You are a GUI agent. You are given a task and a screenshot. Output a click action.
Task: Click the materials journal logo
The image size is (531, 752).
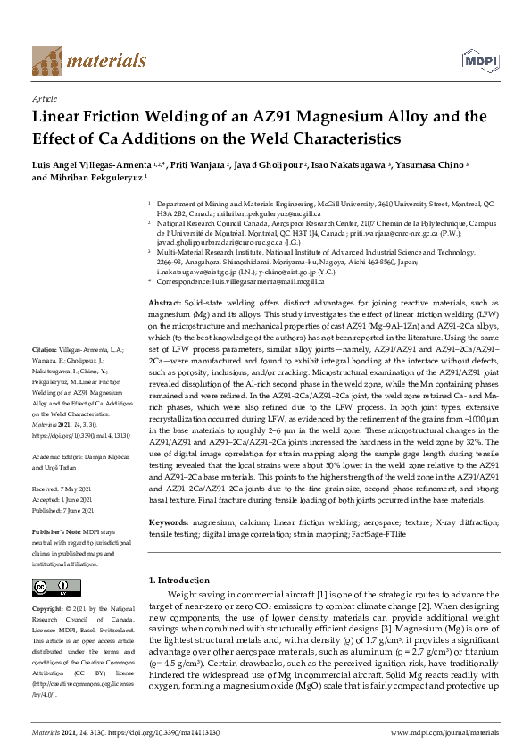(88, 60)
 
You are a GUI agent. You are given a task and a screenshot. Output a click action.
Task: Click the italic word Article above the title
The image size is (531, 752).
(44, 99)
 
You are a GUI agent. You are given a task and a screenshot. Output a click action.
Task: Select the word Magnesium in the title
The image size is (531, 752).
(350, 117)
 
